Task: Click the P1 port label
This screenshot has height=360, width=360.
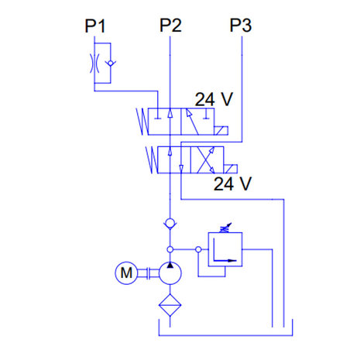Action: (x=95, y=26)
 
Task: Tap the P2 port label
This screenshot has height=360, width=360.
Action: (x=170, y=25)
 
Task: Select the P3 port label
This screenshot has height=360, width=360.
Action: (x=241, y=25)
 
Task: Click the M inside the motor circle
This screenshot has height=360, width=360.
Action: (x=126, y=273)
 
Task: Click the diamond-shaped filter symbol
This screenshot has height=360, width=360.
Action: (x=170, y=305)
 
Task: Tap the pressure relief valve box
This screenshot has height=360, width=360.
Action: (x=225, y=249)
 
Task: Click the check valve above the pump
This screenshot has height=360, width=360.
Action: (x=170, y=223)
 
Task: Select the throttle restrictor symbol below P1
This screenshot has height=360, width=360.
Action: (x=94, y=63)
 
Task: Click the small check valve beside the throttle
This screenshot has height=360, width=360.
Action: (x=111, y=63)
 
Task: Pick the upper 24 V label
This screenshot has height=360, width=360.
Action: (x=214, y=99)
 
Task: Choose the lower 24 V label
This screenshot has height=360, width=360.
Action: (x=232, y=183)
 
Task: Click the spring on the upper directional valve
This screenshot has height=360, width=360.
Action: (x=142, y=122)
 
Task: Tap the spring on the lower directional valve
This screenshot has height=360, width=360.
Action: (x=152, y=159)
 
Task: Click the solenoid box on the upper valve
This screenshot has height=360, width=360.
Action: (x=221, y=131)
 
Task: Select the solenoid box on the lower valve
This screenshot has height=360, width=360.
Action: (x=231, y=169)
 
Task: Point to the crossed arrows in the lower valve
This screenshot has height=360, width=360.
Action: (x=206, y=160)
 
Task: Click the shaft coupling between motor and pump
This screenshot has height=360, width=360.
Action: (x=148, y=273)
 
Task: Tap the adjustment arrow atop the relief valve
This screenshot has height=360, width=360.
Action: (x=226, y=228)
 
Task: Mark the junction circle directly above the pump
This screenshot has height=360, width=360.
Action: (x=170, y=249)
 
